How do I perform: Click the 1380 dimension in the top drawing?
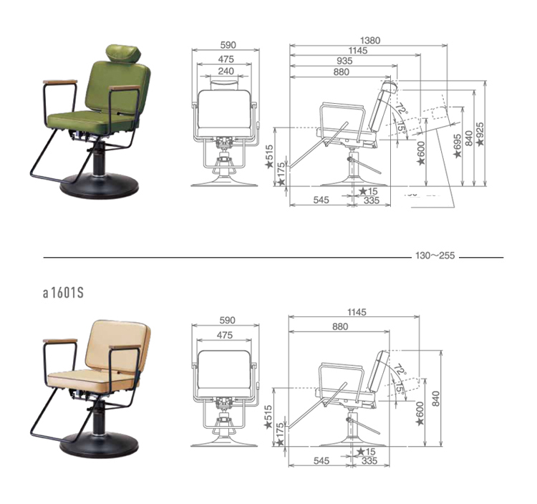click(370, 40)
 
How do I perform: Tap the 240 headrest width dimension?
click(226, 71)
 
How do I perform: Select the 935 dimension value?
click(344, 61)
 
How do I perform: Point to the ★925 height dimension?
click(480, 134)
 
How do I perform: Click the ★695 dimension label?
click(458, 146)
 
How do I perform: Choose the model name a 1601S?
click(63, 293)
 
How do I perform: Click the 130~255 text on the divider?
click(435, 256)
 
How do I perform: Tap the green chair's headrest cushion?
click(125, 53)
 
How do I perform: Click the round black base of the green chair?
click(100, 186)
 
